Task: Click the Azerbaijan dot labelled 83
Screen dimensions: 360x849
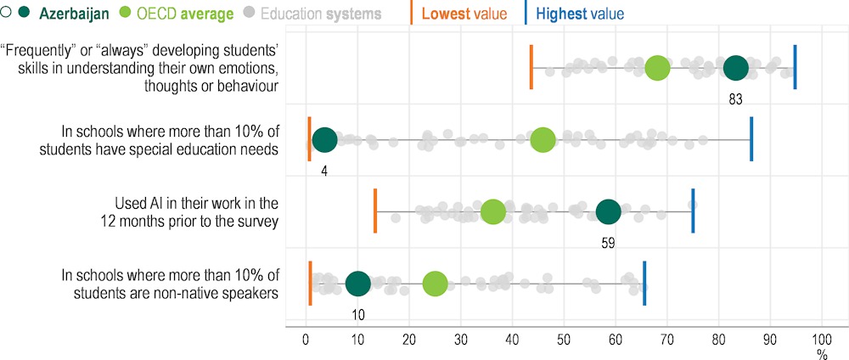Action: click(735, 68)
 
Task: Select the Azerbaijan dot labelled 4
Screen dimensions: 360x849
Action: click(324, 140)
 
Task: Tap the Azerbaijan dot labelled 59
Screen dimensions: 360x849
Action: click(608, 212)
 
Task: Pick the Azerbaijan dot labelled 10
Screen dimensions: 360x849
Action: click(358, 284)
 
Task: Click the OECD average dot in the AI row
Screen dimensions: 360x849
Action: click(492, 212)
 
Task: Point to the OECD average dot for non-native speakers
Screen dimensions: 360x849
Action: click(435, 284)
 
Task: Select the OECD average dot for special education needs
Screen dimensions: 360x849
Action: click(543, 140)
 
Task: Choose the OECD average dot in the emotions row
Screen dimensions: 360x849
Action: click(657, 68)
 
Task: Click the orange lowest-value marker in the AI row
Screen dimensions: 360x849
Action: click(375, 211)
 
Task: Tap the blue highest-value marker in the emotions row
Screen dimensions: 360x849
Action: click(795, 67)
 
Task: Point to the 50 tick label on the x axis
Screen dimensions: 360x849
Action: click(564, 339)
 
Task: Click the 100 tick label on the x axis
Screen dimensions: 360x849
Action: click(821, 339)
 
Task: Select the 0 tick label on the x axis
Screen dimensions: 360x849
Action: click(306, 339)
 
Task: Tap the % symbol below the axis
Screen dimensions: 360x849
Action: click(821, 352)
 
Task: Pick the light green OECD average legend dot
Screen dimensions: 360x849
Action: click(126, 14)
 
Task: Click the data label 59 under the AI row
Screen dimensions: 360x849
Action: click(607, 242)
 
